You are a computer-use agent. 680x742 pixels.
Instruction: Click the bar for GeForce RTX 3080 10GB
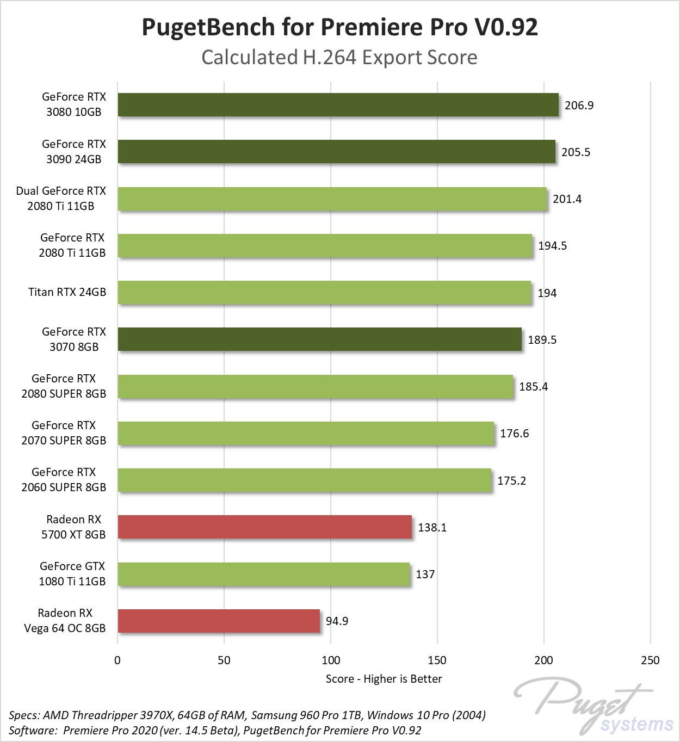[338, 104]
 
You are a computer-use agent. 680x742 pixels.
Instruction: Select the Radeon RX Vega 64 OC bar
[219, 621]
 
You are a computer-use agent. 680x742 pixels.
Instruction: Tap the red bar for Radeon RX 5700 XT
[264, 527]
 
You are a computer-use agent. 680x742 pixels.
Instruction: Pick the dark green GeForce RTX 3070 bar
[319, 339]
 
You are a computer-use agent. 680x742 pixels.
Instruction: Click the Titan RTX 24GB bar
[324, 293]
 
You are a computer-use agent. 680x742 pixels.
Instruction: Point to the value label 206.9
[579, 105]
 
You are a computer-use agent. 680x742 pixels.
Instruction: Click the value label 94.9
[337, 621]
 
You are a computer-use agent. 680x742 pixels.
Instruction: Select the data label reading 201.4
[567, 199]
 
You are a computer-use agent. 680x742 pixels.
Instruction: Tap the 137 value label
[425, 574]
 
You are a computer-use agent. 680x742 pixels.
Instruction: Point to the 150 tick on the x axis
[437, 660]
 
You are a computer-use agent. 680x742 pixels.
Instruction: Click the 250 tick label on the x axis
[650, 660]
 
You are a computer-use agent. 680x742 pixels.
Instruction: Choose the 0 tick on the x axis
[118, 660]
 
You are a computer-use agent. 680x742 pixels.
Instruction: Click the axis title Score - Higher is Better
[384, 678]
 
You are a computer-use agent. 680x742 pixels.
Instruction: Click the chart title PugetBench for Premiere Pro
[339, 27]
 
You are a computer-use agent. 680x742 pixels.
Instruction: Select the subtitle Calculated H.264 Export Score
[339, 57]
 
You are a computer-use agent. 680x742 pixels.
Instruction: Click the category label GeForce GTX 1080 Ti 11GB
[72, 574]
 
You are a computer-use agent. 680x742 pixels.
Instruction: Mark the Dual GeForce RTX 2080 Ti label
[61, 199]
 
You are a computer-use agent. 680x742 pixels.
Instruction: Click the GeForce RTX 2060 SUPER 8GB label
[64, 480]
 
